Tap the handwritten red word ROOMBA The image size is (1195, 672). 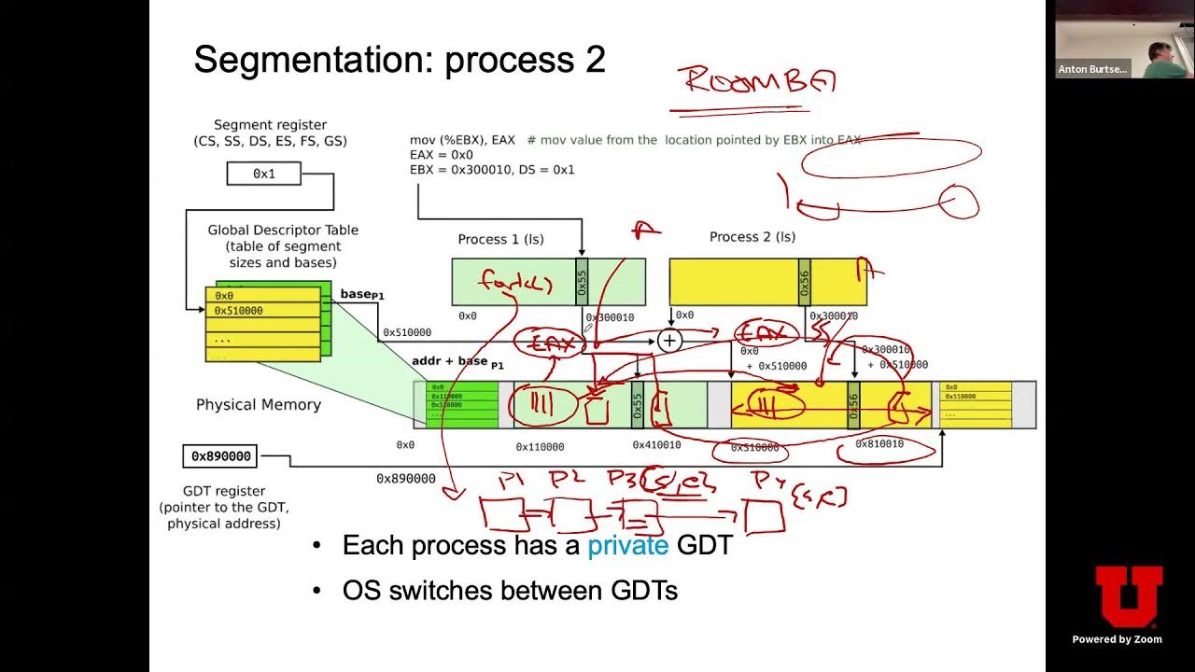point(758,80)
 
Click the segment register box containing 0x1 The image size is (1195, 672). point(264,174)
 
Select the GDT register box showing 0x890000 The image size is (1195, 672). point(221,456)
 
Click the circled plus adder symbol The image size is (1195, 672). point(668,341)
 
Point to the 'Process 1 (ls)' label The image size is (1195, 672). point(500,239)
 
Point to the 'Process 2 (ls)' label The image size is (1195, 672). point(752,237)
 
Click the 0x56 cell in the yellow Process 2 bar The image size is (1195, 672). point(805,282)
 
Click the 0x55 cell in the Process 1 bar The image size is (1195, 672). point(583,282)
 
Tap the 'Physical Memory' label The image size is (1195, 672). point(259,404)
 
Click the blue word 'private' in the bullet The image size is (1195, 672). point(627,546)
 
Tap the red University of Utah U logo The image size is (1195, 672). point(1128,595)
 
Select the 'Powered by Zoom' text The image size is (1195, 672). point(1117,639)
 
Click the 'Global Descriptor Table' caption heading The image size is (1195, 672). point(283,230)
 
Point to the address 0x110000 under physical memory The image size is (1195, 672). point(540,447)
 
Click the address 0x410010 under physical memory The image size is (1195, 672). point(656,445)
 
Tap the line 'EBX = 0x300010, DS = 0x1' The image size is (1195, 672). point(492,170)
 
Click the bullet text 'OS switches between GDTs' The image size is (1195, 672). point(510,591)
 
